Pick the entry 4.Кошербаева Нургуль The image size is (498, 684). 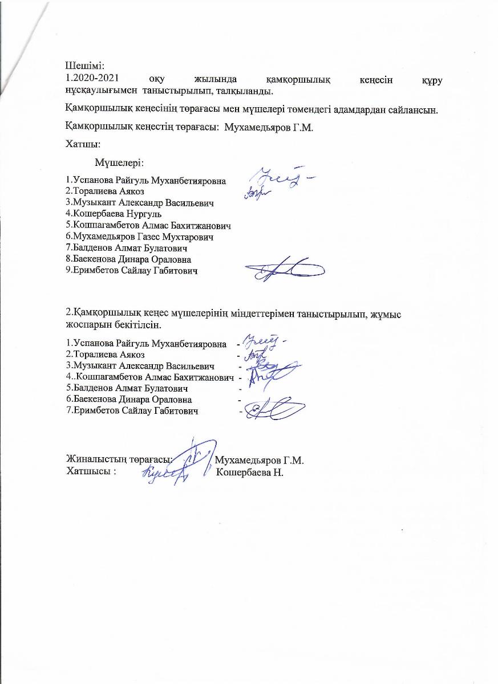pos(114,214)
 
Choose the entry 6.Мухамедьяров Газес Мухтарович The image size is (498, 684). pos(142,237)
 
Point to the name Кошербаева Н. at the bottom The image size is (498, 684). pos(250,473)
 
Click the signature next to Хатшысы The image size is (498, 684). pos(165,472)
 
